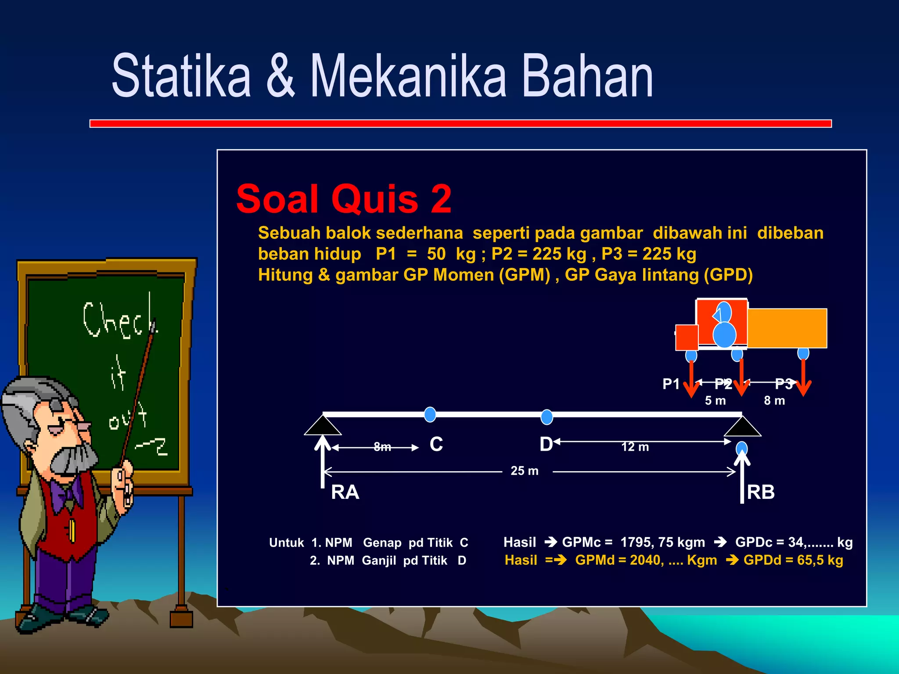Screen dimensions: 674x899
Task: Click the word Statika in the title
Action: click(x=181, y=76)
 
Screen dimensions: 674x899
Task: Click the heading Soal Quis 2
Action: click(x=344, y=199)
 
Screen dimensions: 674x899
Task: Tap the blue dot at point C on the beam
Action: click(x=430, y=414)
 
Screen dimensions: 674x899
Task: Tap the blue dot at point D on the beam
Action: click(x=547, y=417)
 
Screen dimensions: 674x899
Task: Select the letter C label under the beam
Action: click(x=436, y=445)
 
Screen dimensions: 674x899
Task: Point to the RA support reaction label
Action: click(x=345, y=492)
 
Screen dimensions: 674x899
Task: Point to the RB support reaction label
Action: click(x=761, y=492)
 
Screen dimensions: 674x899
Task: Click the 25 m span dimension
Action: click(x=524, y=471)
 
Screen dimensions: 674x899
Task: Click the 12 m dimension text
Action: click(x=635, y=447)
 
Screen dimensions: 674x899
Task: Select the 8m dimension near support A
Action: click(x=382, y=447)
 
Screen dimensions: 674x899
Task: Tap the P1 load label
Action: click(x=671, y=384)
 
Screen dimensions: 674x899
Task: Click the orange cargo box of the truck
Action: click(x=787, y=328)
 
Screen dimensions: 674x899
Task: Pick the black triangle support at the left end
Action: click(x=323, y=426)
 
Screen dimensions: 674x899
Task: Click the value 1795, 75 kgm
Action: click(x=662, y=542)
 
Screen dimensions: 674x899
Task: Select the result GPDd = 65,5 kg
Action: click(x=793, y=560)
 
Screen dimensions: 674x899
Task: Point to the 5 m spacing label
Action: click(x=715, y=401)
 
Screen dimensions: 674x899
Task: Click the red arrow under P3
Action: click(x=803, y=377)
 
